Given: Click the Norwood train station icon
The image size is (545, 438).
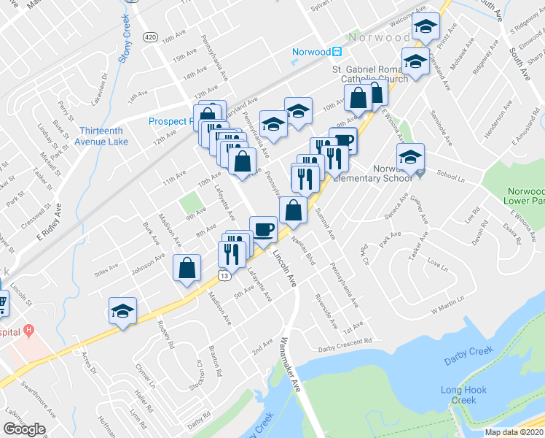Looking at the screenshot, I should coord(337,52).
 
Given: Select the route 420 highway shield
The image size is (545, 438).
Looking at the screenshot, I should coord(150,36).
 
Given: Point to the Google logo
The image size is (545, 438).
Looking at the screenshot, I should coord(24,429).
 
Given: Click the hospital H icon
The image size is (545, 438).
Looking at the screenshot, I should coord(28,330).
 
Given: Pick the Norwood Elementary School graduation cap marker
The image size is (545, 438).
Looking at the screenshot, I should coord(410,157).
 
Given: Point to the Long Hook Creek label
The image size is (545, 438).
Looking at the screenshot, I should coord(463,395).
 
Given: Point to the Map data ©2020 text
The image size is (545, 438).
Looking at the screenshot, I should coord(513,432).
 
